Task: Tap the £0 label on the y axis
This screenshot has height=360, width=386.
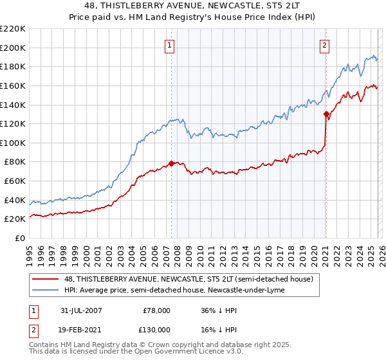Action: coord(19,238)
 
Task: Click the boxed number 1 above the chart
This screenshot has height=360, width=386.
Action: coord(169,45)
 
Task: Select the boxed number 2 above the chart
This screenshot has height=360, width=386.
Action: coord(324,45)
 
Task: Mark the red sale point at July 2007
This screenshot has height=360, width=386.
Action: coord(171,163)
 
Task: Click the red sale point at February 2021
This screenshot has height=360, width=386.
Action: coord(326,114)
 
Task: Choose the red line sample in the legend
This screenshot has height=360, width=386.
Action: coord(46,279)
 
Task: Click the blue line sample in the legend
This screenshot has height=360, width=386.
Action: coord(46,290)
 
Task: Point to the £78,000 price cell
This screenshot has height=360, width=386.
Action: coord(156,310)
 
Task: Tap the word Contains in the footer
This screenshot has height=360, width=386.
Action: coord(44,346)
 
